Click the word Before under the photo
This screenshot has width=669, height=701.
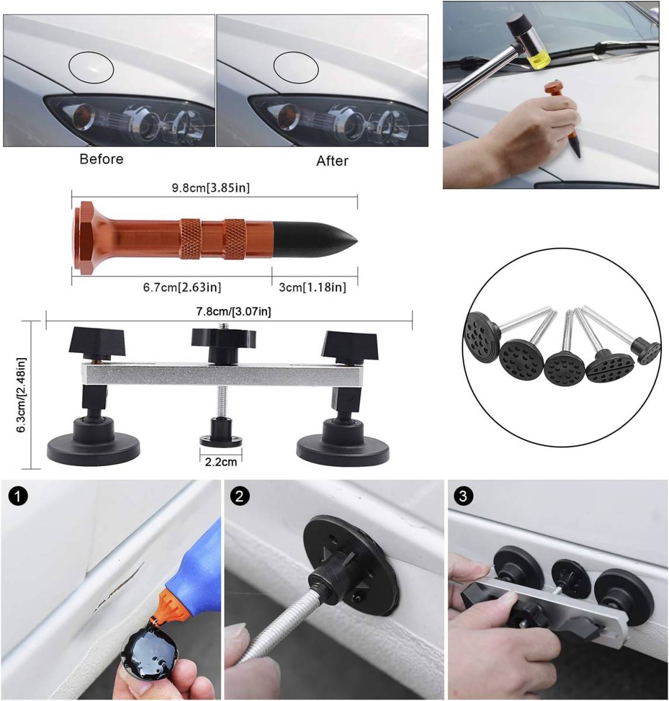pyautogui.click(x=101, y=159)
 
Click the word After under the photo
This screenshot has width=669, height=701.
pyautogui.click(x=332, y=161)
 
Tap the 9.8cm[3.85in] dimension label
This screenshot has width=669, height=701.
pyautogui.click(x=211, y=188)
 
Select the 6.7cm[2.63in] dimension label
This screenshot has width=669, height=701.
pyautogui.click(x=182, y=287)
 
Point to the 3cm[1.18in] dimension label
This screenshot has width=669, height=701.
pyautogui.click(x=313, y=287)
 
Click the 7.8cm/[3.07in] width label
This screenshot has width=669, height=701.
pyautogui.click(x=234, y=311)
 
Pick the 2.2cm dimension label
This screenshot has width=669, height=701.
pyautogui.click(x=221, y=462)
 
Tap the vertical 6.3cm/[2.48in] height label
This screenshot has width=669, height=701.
pyautogui.click(x=22, y=395)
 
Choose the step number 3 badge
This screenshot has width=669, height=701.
pyautogui.click(x=463, y=495)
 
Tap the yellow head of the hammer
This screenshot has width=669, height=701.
pyautogui.click(x=539, y=58)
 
